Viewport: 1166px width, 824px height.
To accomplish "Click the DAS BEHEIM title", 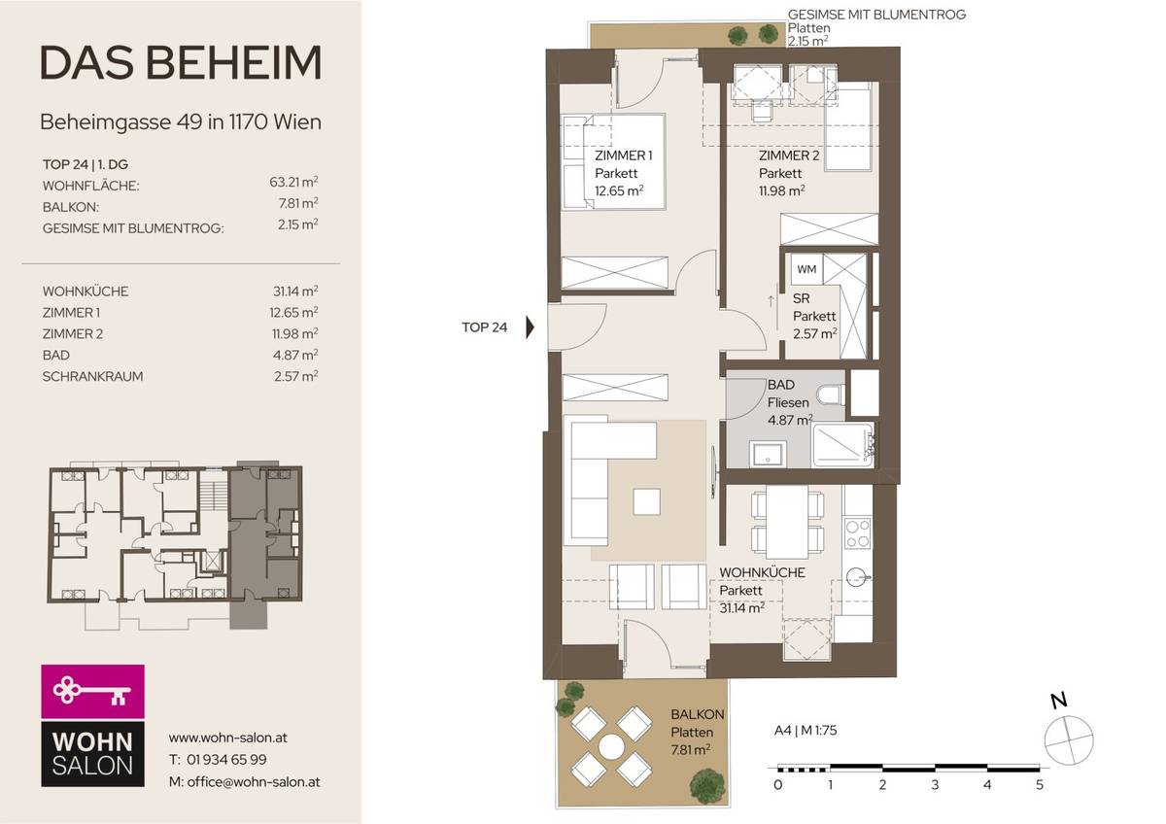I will pyautogui.click(x=181, y=63).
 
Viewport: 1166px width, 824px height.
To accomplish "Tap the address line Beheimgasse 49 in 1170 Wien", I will pyautogui.click(x=181, y=122).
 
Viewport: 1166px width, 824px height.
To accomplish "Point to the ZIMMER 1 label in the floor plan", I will pyautogui.click(x=623, y=155).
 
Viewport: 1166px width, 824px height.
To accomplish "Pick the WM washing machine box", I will pyautogui.click(x=806, y=268).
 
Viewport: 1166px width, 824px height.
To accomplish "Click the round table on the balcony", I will pyautogui.click(x=611, y=746).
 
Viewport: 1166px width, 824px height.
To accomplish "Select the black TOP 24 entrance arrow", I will pyautogui.click(x=530, y=327).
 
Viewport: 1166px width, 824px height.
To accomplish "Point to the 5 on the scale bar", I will pyautogui.click(x=1039, y=784).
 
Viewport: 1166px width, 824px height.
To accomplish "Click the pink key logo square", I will pyautogui.click(x=92, y=692).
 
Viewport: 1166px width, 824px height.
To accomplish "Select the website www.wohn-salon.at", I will pyautogui.click(x=227, y=738).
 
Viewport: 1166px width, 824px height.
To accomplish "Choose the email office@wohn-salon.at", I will pyautogui.click(x=244, y=781).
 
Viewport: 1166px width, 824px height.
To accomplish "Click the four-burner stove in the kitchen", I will pyautogui.click(x=857, y=533).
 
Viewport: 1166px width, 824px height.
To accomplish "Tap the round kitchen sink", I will pyautogui.click(x=857, y=576).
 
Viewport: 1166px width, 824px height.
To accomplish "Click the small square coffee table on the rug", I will pyautogui.click(x=646, y=501).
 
